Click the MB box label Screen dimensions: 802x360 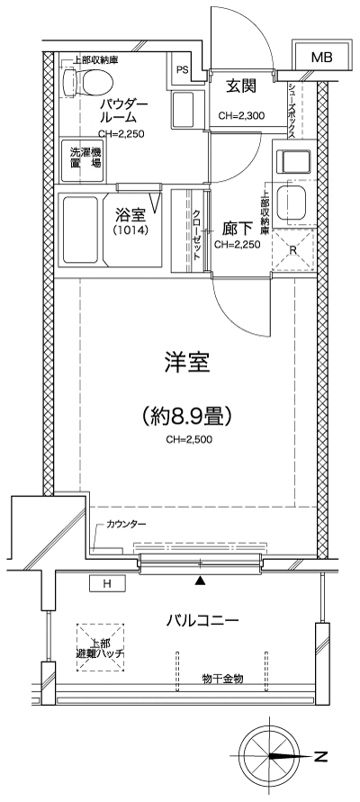[x=321, y=58]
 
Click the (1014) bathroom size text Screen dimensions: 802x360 [x=131, y=230]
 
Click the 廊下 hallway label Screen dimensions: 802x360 [x=240, y=229]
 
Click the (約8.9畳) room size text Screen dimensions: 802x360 [x=187, y=416]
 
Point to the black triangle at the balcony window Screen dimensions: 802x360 [x=200, y=581]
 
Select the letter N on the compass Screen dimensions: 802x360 [x=320, y=757]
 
